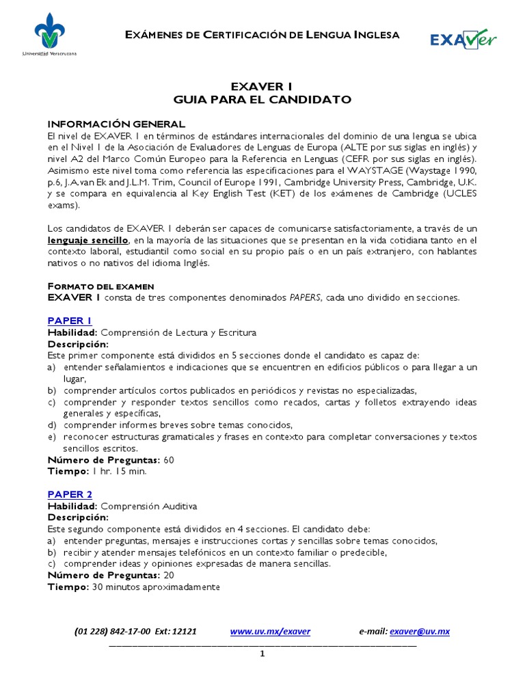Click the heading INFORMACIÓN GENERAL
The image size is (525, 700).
[116, 124]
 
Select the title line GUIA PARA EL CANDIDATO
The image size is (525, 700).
[262, 100]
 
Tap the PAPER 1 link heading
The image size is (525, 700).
[69, 321]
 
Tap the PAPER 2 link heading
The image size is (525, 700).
[69, 494]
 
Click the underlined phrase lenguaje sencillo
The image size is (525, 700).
[87, 241]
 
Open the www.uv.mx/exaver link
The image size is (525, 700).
[270, 632]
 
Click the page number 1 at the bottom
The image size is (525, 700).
[262, 654]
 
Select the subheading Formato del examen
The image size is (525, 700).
[100, 286]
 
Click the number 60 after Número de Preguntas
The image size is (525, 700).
[169, 460]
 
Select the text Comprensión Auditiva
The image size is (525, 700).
[148, 506]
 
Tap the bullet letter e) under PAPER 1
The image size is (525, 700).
[52, 437]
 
